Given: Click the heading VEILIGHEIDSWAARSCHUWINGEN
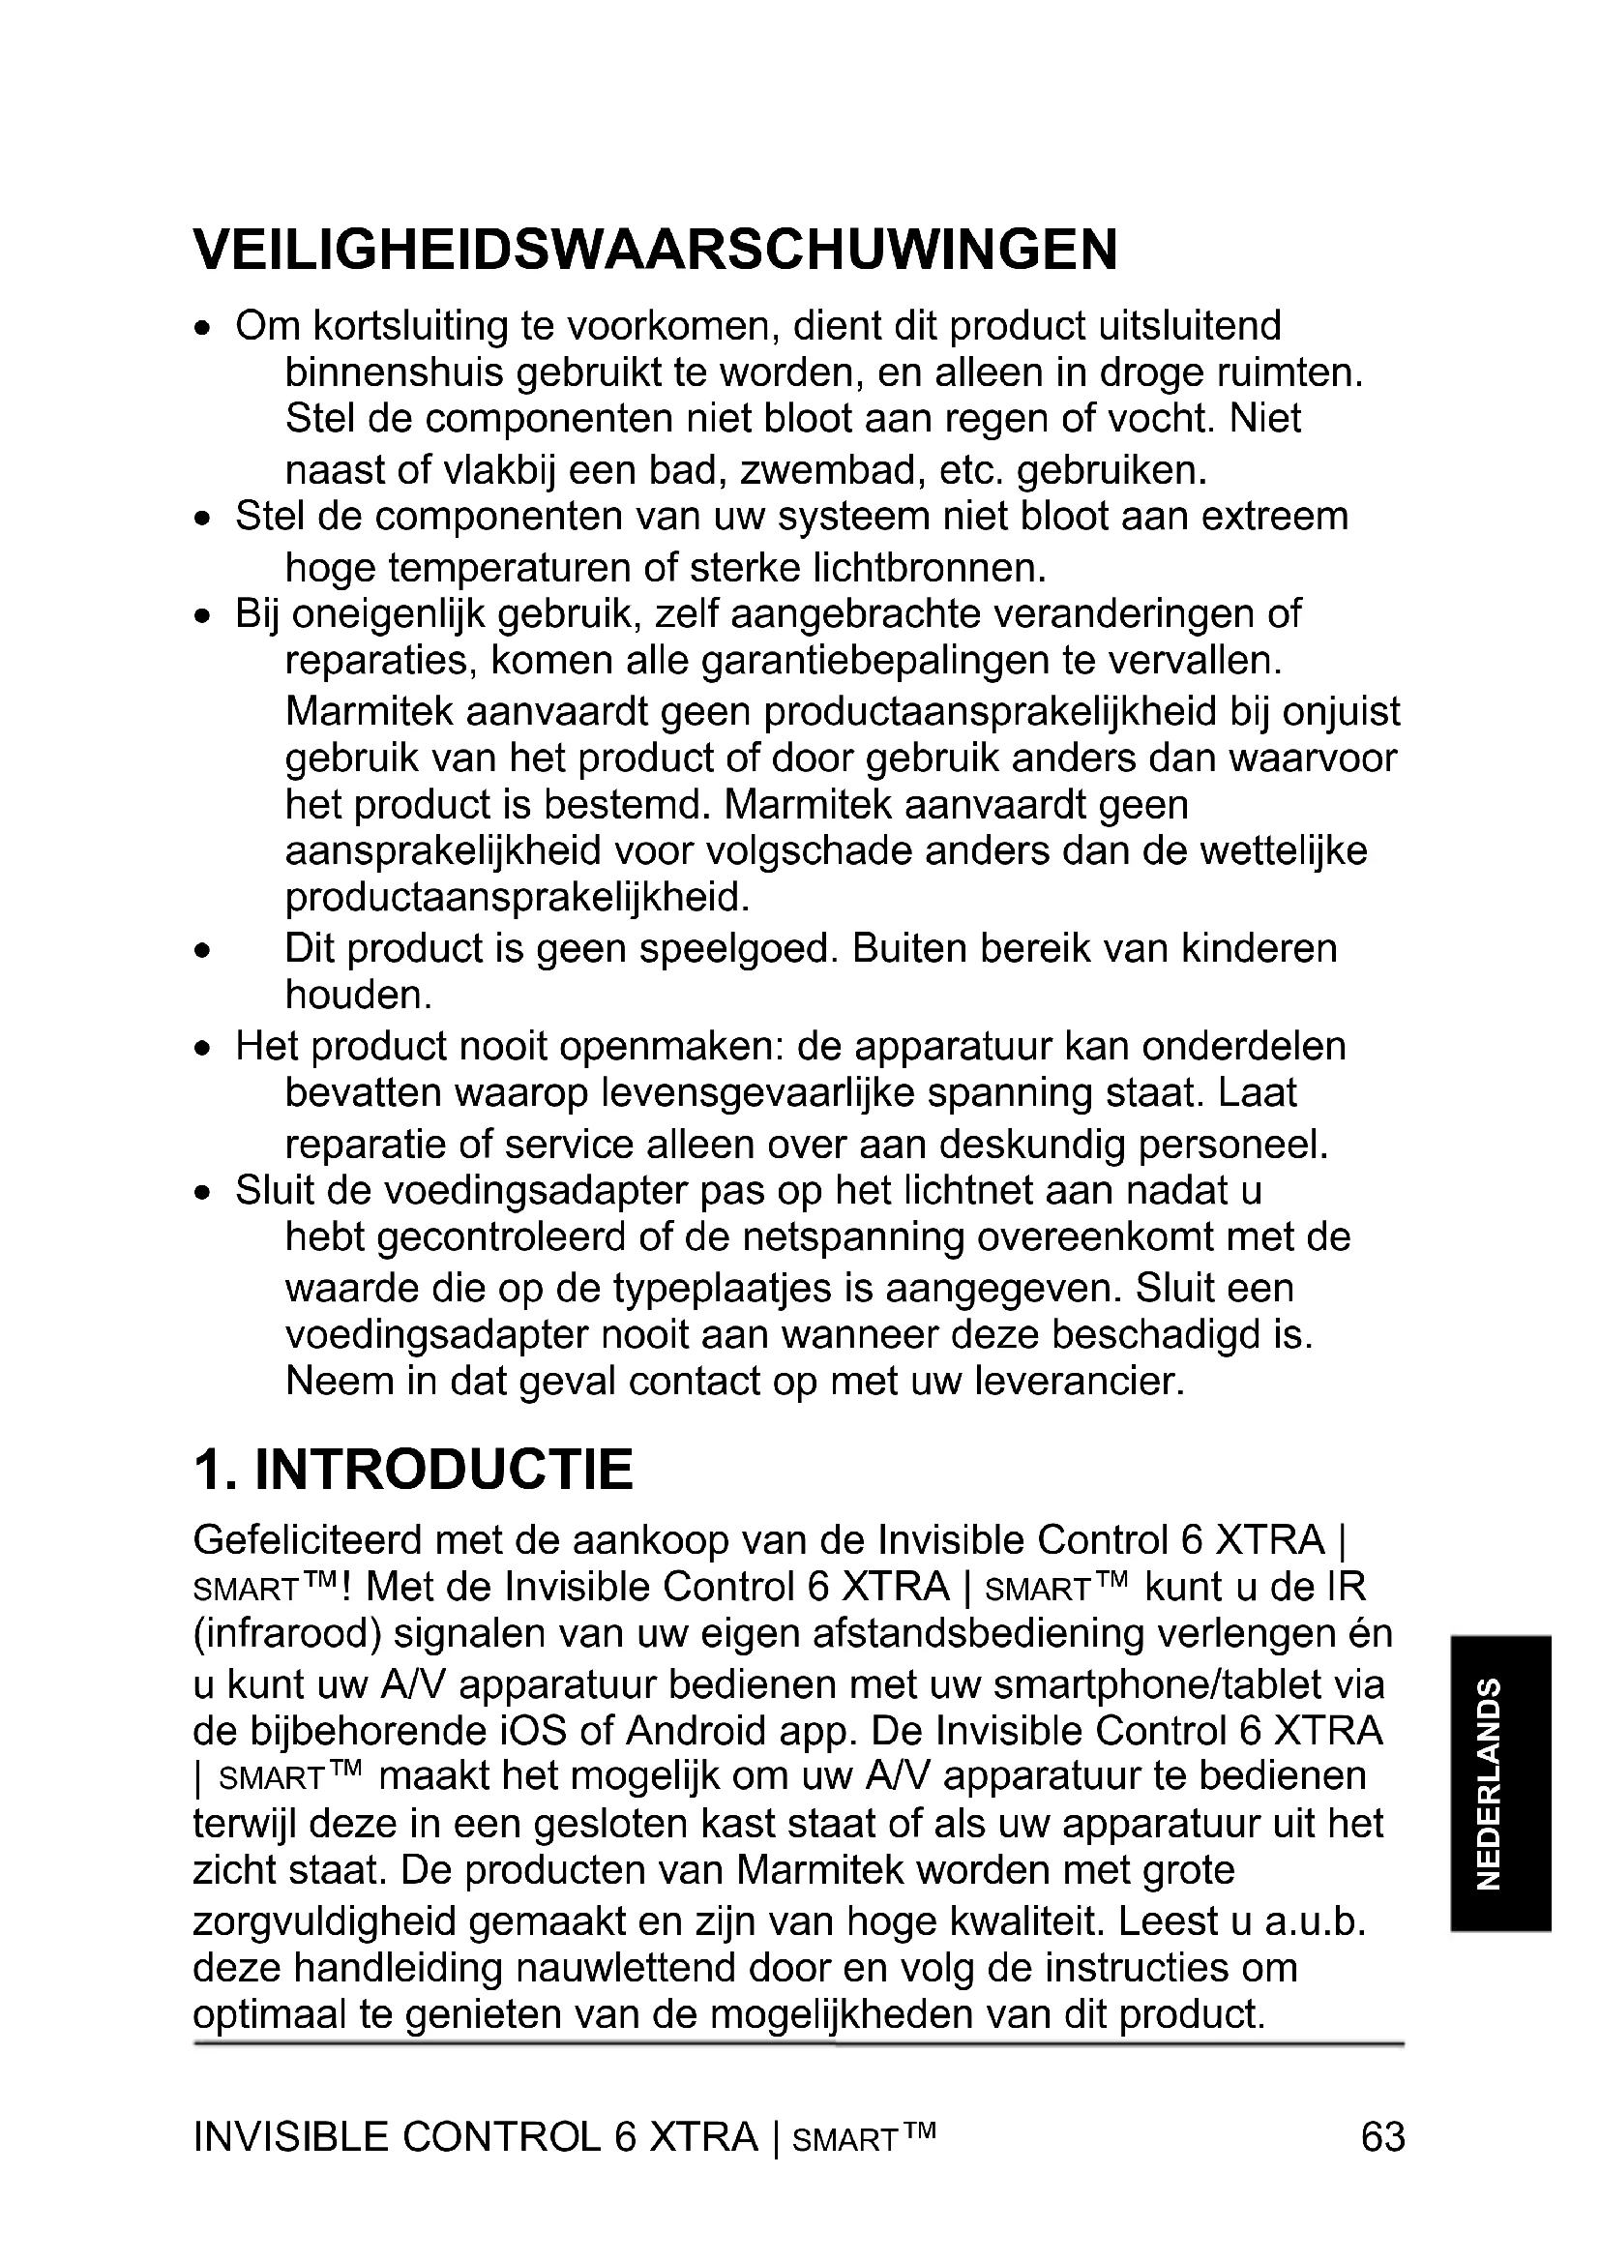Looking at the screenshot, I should point(655,250).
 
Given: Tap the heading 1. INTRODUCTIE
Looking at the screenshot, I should point(413,1471).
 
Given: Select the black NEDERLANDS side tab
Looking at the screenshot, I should point(1501,1783).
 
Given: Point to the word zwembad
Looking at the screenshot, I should point(830,470).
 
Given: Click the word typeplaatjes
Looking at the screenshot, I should point(730,1288).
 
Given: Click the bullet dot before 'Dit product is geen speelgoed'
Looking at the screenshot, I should point(202,952).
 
